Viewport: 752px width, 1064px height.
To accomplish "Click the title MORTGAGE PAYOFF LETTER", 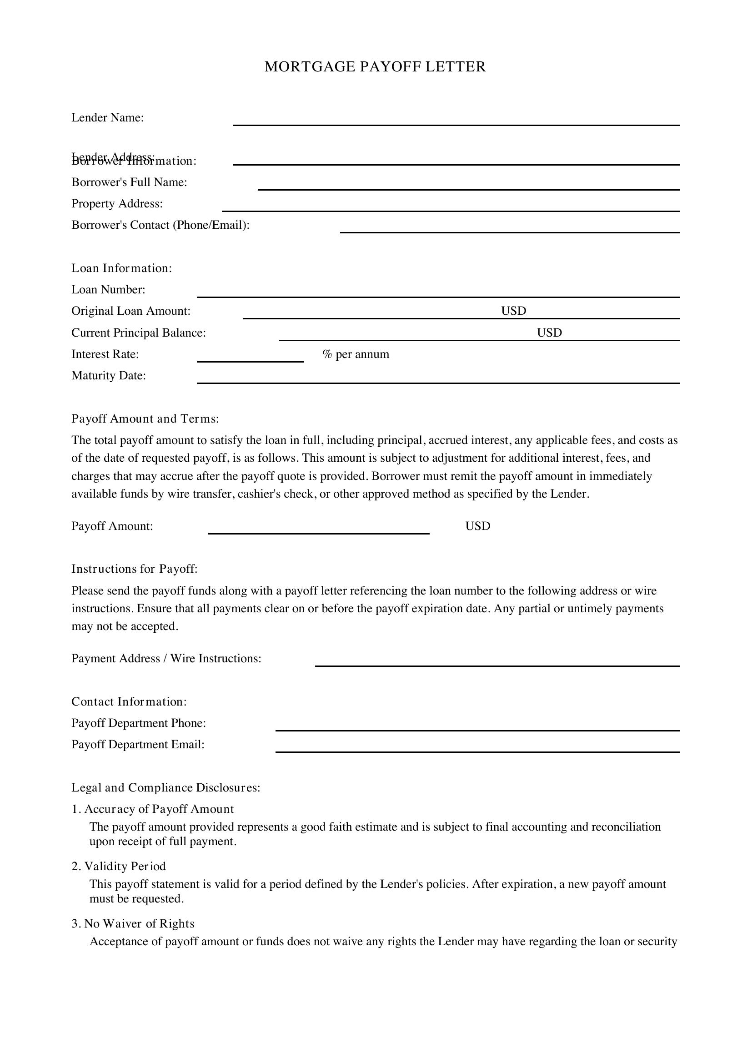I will click(x=375, y=67).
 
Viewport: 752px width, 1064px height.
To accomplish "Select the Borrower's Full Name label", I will click(x=129, y=182).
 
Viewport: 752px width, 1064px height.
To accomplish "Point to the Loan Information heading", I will click(x=121, y=268).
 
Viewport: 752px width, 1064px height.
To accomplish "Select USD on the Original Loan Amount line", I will click(x=513, y=311).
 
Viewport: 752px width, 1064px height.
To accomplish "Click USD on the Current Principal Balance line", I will click(x=549, y=332).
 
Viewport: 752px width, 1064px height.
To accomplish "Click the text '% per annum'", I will click(x=356, y=354).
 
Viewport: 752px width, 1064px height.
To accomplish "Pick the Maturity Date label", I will click(x=108, y=375).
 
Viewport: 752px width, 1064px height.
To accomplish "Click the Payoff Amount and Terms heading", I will click(x=145, y=419).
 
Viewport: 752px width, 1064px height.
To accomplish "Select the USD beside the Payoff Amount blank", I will click(x=477, y=526).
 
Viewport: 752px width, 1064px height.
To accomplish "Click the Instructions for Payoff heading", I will click(x=134, y=569).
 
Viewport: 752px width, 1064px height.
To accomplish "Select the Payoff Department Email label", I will click(x=137, y=744).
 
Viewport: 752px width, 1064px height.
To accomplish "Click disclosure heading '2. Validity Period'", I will click(x=119, y=866).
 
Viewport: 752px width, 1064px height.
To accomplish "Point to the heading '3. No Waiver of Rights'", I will click(x=133, y=923).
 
